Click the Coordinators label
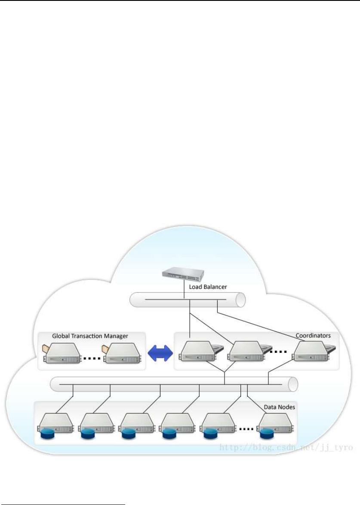[x=313, y=335]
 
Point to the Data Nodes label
[x=279, y=406]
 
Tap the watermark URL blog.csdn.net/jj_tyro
[x=286, y=448]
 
